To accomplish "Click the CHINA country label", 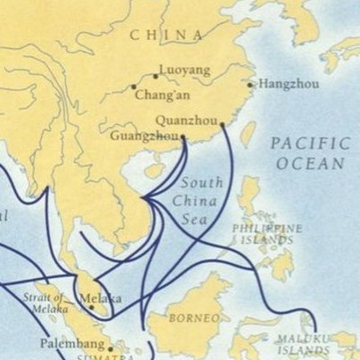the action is [166, 35].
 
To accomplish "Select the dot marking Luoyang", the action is [154, 76].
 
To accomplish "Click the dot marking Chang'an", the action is [134, 87].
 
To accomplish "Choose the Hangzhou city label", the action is [289, 84].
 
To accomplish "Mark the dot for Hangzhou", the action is [250, 85].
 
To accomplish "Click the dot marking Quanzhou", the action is [222, 125].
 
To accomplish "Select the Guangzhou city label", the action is [143, 137].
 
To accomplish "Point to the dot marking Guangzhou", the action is [183, 138].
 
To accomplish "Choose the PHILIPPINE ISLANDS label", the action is [266, 234].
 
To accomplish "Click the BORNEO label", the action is [195, 319].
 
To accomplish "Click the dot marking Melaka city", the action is [90, 307].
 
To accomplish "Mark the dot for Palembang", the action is [111, 348].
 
